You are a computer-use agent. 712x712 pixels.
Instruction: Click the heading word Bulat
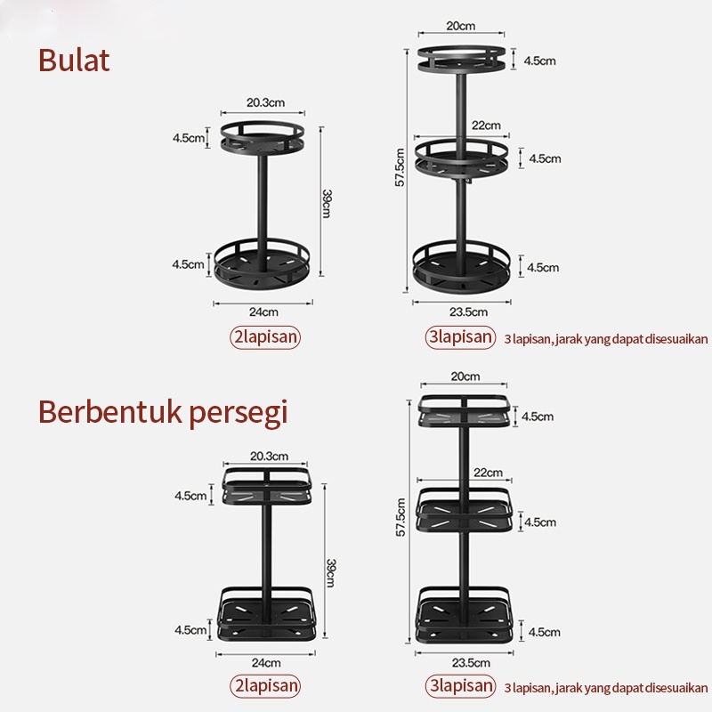(74, 61)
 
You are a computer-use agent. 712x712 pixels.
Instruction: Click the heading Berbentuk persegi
(163, 413)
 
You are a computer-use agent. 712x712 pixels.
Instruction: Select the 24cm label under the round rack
(263, 311)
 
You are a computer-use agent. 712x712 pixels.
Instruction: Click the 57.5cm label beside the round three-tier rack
(400, 166)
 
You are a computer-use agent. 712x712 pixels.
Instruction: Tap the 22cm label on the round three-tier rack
(486, 125)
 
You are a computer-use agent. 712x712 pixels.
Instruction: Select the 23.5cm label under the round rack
(468, 311)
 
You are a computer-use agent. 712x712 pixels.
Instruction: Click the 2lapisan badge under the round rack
(264, 337)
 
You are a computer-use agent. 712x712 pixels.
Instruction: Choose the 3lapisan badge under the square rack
(459, 686)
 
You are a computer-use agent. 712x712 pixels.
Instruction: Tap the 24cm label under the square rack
(265, 662)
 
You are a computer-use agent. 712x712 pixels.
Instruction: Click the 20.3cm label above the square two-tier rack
(267, 456)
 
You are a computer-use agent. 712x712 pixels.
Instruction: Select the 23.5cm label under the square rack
(470, 662)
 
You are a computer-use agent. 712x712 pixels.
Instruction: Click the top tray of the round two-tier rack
(263, 136)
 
